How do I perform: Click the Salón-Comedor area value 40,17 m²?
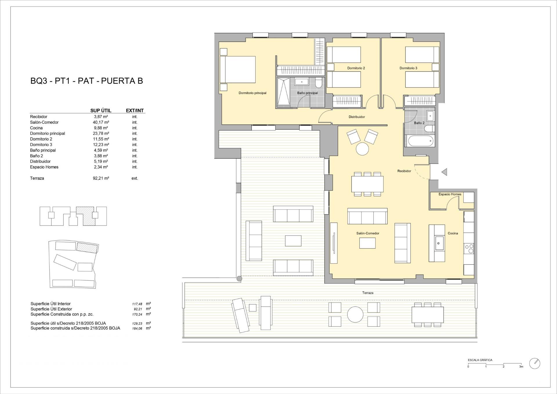coord(101,122)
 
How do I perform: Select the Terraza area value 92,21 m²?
coord(101,178)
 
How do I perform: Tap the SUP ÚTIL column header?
coord(101,111)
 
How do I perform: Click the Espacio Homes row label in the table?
coord(44,167)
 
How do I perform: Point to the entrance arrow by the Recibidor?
coord(444,172)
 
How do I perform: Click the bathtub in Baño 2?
coord(420,142)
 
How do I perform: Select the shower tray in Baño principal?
coord(283,92)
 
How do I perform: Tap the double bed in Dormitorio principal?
coord(238,70)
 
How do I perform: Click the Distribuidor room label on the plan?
coord(357,117)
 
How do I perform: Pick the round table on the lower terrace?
coord(355,315)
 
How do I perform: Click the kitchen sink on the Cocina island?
coord(438,243)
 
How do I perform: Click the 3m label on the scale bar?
coord(521,367)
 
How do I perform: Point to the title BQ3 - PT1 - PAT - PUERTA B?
coord(86,81)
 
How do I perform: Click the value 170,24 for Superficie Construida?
coord(137,314)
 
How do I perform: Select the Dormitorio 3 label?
coord(408,68)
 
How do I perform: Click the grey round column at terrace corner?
coord(239,279)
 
